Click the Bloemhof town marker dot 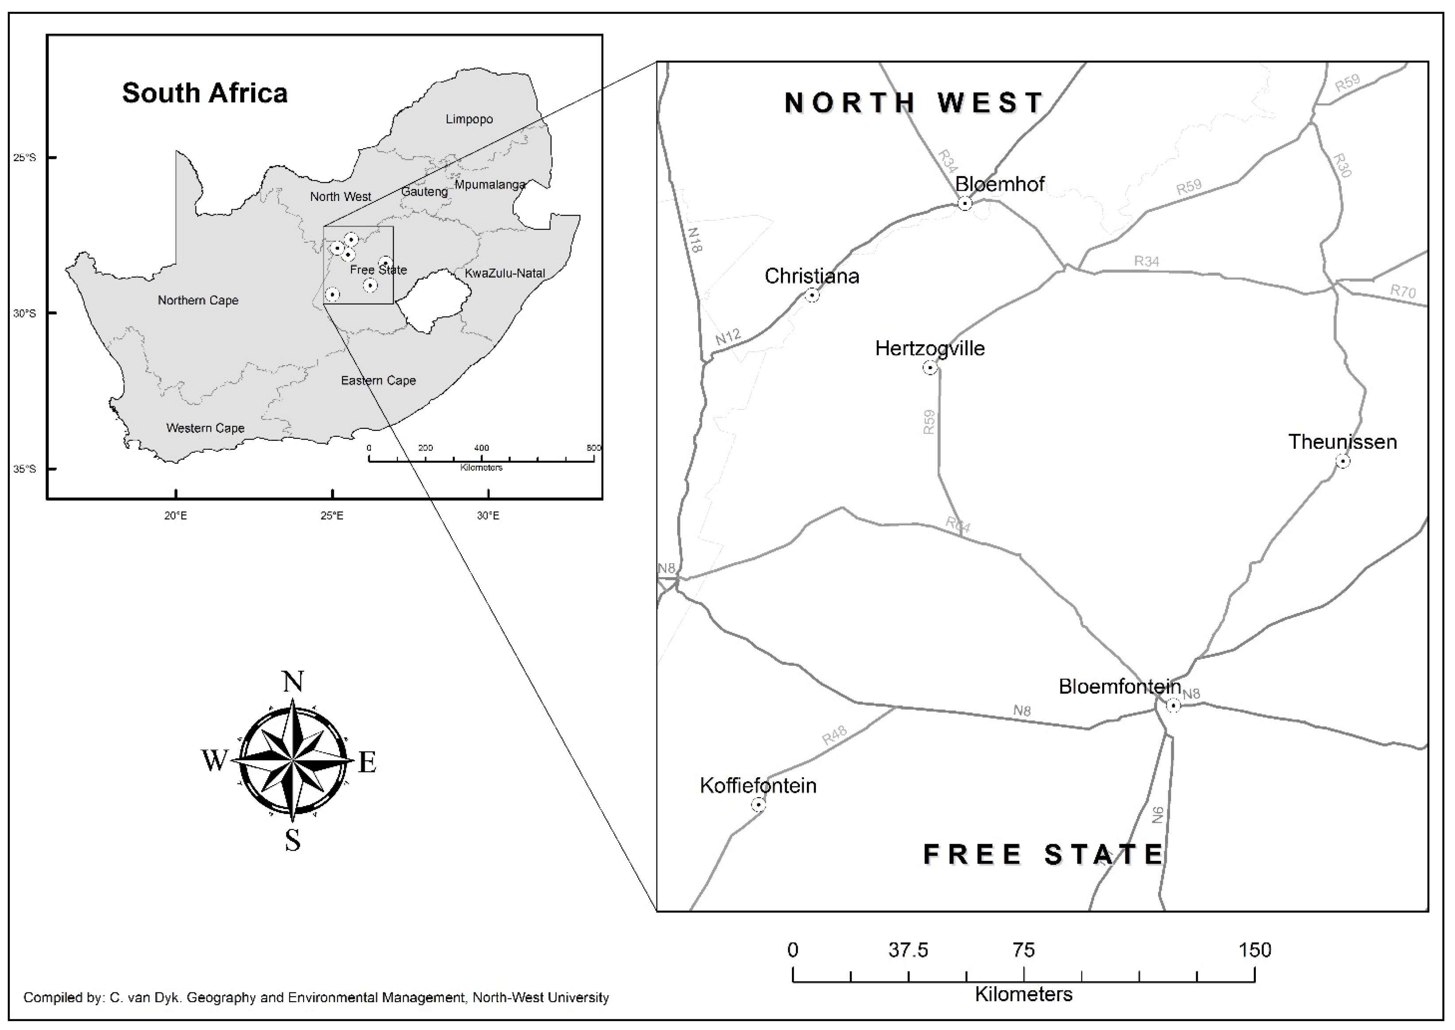tap(965, 204)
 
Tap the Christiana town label tap(811, 276)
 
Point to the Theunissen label tap(1342, 442)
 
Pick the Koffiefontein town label tap(758, 786)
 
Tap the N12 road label tap(728, 337)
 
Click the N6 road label tap(1158, 814)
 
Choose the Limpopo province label tap(469, 119)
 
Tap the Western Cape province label tap(205, 428)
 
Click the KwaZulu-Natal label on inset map tap(505, 274)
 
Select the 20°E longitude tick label tap(176, 516)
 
